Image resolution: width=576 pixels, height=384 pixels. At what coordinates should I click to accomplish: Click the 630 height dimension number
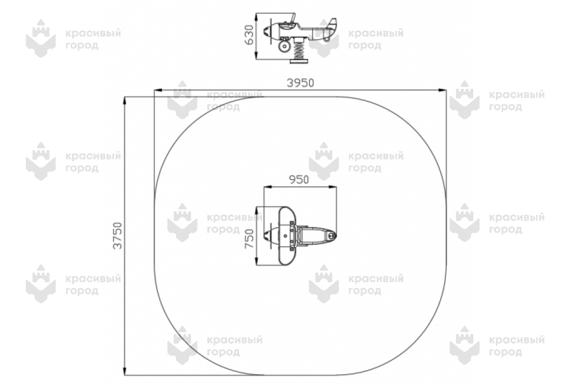pyautogui.click(x=249, y=35)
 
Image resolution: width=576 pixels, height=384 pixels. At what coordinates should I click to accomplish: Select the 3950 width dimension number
pyautogui.click(x=300, y=83)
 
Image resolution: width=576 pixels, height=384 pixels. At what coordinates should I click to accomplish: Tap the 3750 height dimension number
pyautogui.click(x=117, y=235)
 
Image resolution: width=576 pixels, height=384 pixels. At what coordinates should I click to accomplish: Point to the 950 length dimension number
pyautogui.click(x=298, y=180)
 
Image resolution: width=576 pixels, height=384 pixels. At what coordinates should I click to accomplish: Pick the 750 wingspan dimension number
pyautogui.click(x=249, y=238)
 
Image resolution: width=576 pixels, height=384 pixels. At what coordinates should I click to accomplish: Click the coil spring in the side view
pyautogui.click(x=299, y=50)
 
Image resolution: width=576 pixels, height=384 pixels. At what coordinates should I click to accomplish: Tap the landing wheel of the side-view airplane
pyautogui.click(x=283, y=46)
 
